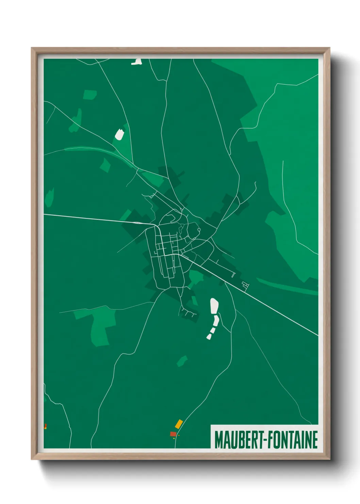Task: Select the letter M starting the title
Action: click(218, 440)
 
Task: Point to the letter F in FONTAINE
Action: click(269, 440)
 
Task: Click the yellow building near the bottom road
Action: click(179, 424)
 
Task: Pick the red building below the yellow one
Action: click(173, 434)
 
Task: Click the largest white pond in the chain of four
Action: click(214, 306)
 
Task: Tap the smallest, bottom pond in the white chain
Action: click(209, 336)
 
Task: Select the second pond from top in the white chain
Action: click(216, 320)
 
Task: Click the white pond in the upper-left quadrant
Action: click(119, 134)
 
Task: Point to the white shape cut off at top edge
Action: click(137, 62)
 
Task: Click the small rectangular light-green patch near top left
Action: click(90, 95)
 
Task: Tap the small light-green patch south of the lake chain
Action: click(182, 361)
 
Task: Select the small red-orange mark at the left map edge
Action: click(45, 426)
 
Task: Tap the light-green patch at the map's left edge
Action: click(49, 197)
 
